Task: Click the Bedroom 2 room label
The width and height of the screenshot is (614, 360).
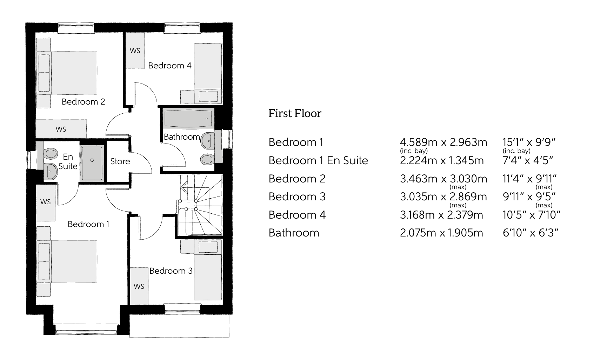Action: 83,102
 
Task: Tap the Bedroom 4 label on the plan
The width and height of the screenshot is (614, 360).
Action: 170,66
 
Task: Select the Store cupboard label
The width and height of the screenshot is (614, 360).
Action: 120,161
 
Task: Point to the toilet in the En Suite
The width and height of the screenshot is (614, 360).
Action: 51,153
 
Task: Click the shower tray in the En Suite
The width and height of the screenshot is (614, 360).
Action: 92,163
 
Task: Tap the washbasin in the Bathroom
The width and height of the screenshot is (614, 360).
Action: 208,141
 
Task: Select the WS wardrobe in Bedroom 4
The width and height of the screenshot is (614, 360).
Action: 135,51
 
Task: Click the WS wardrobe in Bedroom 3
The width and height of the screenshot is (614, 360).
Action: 139,286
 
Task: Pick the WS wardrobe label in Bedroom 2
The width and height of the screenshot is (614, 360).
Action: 61,129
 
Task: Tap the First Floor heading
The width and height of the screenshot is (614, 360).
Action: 295,113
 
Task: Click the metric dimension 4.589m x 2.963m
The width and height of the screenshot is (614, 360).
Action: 443,142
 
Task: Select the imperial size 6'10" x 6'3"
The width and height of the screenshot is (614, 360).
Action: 530,233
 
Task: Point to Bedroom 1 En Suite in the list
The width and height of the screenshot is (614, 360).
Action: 318,160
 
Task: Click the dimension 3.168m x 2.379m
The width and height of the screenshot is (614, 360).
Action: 441,214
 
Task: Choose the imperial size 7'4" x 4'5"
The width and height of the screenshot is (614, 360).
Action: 528,160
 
